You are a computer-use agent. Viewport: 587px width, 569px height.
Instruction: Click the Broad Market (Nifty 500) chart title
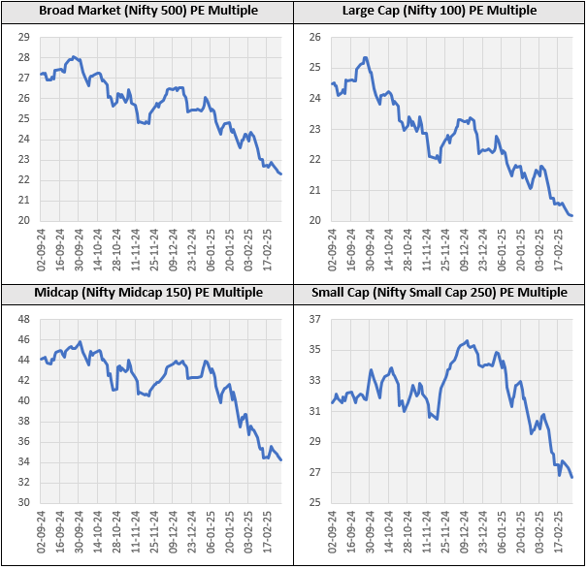tap(147, 11)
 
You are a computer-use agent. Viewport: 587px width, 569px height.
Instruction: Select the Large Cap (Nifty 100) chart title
tap(440, 11)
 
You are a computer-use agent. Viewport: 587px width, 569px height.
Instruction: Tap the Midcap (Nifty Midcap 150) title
tap(147, 292)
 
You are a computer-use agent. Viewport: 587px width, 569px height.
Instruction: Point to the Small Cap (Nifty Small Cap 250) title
tap(440, 292)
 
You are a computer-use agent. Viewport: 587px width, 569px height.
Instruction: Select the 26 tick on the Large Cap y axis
tap(314, 37)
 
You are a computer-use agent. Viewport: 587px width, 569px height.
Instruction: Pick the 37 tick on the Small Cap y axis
tap(314, 319)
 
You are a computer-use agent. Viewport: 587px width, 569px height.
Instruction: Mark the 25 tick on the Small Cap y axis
tap(314, 503)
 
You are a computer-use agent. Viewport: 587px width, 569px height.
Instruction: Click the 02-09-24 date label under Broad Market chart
tap(42, 254)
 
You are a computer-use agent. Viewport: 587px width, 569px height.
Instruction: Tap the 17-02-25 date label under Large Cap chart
tap(558, 254)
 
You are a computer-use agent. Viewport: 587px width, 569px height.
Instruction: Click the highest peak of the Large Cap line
tap(365, 57)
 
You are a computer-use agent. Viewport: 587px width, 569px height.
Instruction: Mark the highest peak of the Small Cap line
tap(467, 341)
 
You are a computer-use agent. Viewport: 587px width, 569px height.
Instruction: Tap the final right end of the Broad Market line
tap(281, 174)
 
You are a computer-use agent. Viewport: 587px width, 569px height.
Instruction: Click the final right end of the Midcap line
tap(281, 459)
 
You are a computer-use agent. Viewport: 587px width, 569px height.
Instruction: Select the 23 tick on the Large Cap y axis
tap(314, 129)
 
